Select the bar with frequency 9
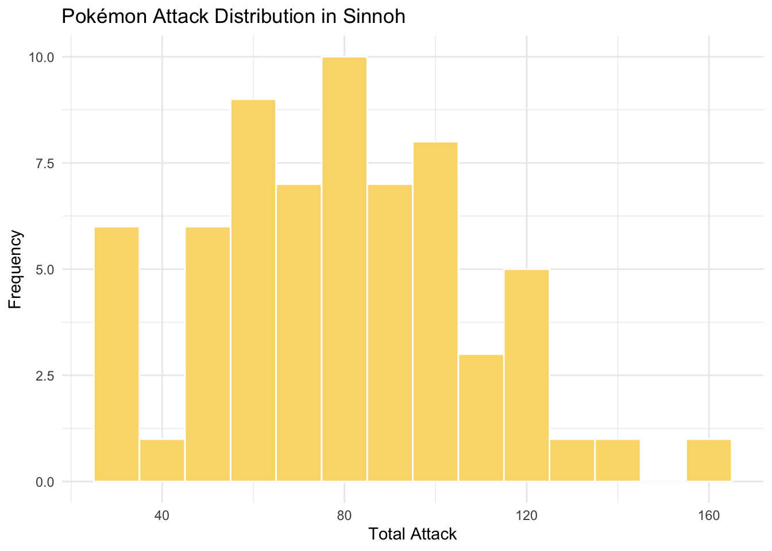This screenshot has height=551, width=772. (x=253, y=290)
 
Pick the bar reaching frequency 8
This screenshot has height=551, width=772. (x=435, y=311)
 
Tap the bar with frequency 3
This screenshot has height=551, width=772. (x=481, y=417)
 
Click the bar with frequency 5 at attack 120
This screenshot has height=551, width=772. (x=527, y=375)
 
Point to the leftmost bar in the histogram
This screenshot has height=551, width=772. (x=117, y=354)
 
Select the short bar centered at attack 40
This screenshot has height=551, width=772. (x=162, y=460)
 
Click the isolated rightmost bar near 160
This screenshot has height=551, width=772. (x=709, y=460)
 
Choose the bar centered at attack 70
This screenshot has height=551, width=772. (x=299, y=332)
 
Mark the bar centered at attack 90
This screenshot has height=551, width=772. (x=390, y=332)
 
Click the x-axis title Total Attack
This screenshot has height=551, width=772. (x=412, y=534)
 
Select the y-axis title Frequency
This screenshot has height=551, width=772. (x=16, y=269)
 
